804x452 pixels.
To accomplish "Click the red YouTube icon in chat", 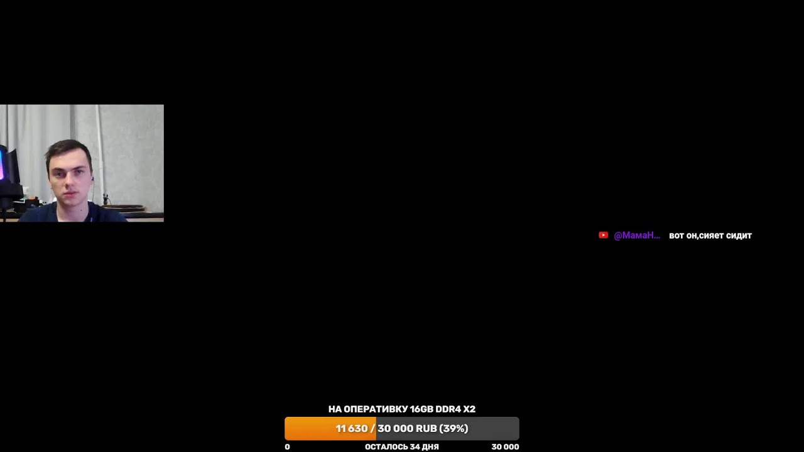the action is click(x=604, y=235).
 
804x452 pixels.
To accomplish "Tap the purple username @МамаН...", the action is click(x=637, y=235).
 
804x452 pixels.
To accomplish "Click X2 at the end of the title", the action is click(x=469, y=409).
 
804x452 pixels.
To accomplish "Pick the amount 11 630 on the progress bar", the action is click(x=352, y=429).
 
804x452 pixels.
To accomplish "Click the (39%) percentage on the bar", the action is click(x=454, y=429).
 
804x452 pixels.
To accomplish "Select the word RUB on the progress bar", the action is click(x=426, y=429).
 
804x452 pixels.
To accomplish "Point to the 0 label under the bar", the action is click(x=287, y=447).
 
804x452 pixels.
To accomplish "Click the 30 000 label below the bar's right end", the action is click(x=505, y=447).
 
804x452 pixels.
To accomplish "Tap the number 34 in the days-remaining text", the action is click(x=415, y=447).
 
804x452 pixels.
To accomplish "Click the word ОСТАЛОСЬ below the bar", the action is click(x=386, y=447).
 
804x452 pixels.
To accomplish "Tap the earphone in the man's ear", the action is click(x=92, y=178).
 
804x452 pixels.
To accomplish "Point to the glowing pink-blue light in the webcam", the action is click(x=2, y=165).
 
